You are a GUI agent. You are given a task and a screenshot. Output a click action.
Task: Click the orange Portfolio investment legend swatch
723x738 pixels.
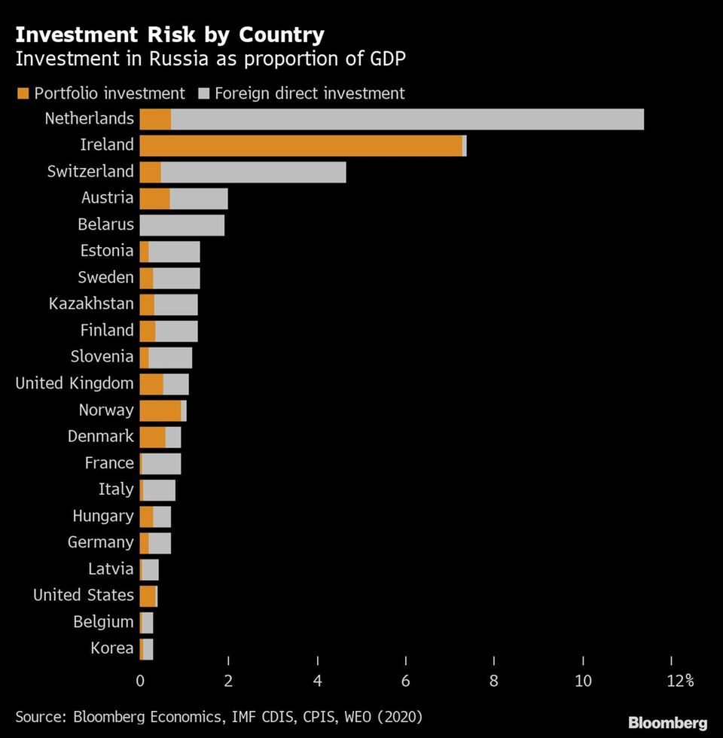coord(22,93)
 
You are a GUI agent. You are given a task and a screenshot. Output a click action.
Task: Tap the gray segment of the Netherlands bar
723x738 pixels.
coord(407,119)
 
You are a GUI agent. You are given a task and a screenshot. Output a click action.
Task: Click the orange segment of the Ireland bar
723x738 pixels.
coord(300,145)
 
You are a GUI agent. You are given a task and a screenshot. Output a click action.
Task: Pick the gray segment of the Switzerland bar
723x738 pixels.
coord(253,172)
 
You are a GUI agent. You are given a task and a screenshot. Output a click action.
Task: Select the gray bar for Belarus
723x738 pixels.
coord(182,224)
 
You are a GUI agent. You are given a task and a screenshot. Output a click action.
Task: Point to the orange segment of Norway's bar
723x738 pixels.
coord(160,410)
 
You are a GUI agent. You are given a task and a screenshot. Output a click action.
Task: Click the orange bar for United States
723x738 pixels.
coord(147,596)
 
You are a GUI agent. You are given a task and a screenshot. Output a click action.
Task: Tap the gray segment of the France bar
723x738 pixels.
coord(161,463)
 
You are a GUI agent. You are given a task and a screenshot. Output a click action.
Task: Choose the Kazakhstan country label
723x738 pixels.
coord(91,304)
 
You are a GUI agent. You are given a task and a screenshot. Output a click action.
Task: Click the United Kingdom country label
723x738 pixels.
coord(75,383)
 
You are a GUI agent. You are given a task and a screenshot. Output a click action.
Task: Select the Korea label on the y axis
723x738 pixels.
coord(111,648)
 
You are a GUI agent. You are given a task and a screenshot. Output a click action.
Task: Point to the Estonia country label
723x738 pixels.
coord(106,251)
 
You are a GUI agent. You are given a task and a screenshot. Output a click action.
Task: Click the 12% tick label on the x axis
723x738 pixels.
coord(679,681)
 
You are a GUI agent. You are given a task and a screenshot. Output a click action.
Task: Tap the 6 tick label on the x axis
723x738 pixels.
coord(405,681)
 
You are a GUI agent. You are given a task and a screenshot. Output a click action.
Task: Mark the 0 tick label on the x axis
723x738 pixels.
coord(140,681)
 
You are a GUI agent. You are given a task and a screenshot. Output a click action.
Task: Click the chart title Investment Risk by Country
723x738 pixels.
coord(170,35)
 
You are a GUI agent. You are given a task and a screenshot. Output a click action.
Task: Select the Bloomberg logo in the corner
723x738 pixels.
coord(667,723)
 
